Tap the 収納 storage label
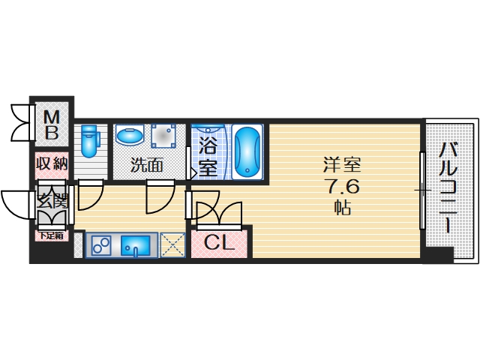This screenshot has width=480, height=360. point(52,163)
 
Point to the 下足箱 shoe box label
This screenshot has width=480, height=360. point(52,235)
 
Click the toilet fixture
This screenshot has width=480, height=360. point(90,140)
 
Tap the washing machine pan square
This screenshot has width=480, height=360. point(166,136)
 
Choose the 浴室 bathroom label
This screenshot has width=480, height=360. point(208,155)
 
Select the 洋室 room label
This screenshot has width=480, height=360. point(334,164)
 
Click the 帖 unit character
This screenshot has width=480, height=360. point(343,208)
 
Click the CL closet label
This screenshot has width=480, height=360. point(220,242)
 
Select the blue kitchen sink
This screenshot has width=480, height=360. point(136,245)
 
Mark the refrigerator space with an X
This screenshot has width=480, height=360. point(172,244)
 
